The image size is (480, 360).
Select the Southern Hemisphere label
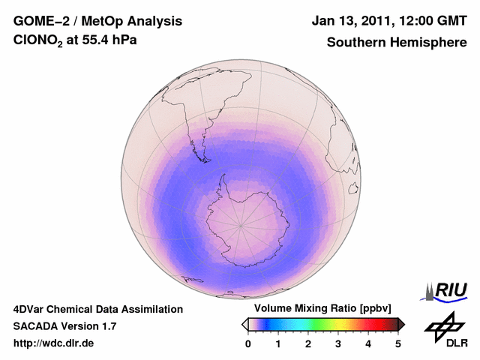click(397, 43)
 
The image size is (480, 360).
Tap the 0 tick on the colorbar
click(248, 343)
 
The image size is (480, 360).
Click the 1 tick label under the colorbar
click(278, 343)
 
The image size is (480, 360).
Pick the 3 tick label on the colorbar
click(338, 343)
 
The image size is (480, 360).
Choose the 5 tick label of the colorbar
click(398, 343)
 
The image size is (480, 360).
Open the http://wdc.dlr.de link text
click(54, 343)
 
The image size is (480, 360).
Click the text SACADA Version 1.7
click(64, 326)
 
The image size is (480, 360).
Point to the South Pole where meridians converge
click(240, 223)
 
